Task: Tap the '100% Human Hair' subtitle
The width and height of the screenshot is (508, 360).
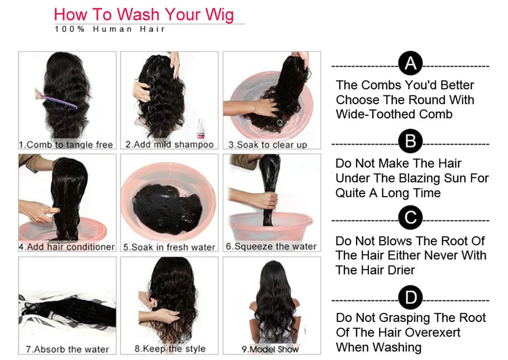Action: (110, 29)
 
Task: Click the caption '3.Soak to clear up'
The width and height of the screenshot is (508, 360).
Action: (268, 145)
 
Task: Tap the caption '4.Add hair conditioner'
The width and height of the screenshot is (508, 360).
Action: (67, 247)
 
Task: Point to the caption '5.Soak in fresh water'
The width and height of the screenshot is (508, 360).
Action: (169, 247)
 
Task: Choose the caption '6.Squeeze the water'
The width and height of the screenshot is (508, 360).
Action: (271, 246)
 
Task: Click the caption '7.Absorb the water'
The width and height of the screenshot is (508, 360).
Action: (67, 349)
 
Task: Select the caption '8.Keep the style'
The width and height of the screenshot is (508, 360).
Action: (170, 349)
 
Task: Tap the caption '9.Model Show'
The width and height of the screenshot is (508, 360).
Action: (270, 349)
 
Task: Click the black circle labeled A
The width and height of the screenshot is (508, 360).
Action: (410, 64)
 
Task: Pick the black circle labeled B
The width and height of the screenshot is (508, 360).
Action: (410, 142)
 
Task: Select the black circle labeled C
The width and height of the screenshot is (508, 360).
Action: (410, 218)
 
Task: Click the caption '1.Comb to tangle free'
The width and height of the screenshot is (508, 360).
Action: (66, 145)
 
